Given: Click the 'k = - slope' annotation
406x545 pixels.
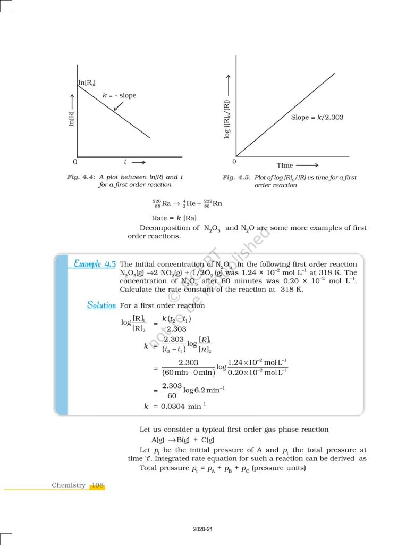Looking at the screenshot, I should [119, 95].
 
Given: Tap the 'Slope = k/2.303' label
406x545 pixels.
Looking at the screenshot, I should [317, 117].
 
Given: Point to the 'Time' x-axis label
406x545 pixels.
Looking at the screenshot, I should [285, 166].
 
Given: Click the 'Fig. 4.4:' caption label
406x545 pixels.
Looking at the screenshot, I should [78, 177].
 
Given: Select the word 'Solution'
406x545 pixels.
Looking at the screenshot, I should [101, 305].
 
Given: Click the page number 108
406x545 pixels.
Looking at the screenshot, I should [97, 485].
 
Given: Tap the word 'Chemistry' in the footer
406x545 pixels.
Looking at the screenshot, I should [69, 485].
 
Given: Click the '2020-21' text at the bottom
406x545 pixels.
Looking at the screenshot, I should [203, 530].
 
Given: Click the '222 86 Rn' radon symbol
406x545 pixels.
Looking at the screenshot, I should [213, 203].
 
